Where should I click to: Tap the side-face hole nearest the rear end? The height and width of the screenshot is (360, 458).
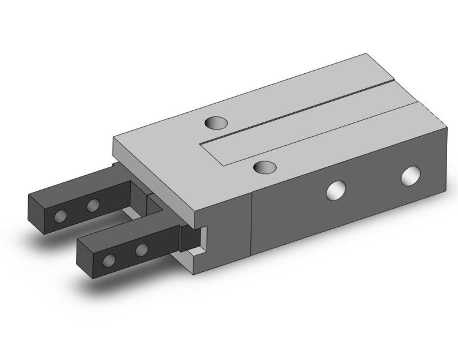click(x=411, y=176)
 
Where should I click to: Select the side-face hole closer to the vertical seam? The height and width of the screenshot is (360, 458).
click(x=336, y=190)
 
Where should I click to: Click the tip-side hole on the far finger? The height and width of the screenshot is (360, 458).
click(x=60, y=216)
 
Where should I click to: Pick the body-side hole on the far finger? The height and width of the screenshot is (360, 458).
click(x=92, y=206)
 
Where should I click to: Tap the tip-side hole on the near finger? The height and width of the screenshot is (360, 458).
click(x=109, y=260)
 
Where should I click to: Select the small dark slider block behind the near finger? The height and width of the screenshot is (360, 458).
click(x=191, y=238)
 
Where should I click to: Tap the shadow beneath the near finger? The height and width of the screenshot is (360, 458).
click(x=120, y=288)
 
